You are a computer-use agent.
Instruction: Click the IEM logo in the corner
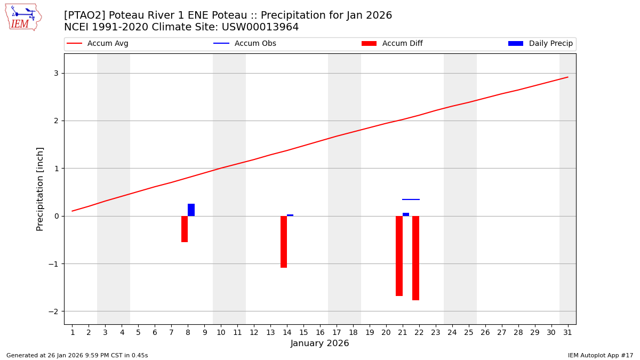point(23,17)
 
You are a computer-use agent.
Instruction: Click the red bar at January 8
point(185,229)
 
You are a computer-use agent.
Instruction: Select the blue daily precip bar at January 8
point(191,210)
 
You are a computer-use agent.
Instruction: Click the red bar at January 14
point(284,242)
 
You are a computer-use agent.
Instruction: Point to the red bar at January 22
point(415,258)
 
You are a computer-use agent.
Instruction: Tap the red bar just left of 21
point(399,255)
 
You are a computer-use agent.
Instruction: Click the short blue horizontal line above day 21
point(411,199)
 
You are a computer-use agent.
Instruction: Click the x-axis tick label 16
point(320,332)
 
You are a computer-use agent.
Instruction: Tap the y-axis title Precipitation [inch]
point(40,189)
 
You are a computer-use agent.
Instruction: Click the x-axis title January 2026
point(319,343)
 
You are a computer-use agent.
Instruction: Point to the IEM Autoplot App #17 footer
point(600,355)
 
